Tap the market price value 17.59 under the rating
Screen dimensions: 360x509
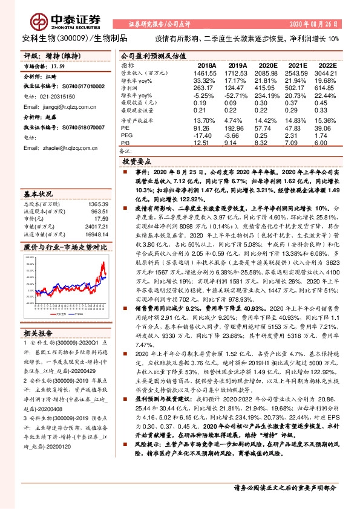tap(56, 66)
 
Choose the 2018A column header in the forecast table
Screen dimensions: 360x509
tap(207, 64)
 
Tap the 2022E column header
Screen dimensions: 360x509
tap(326, 64)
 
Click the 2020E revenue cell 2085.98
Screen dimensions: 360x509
tap(267, 73)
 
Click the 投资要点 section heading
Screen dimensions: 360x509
tap(137, 163)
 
